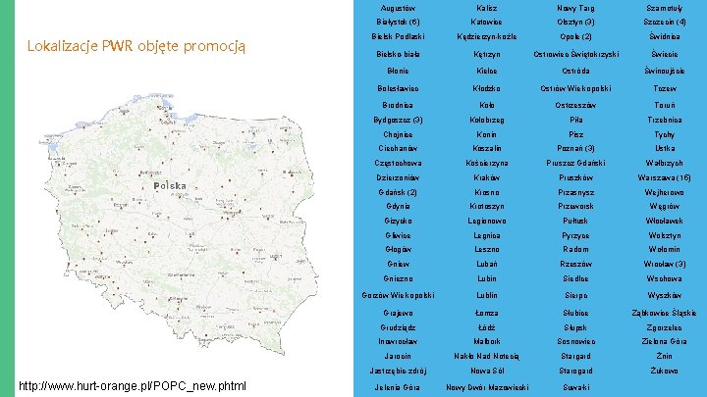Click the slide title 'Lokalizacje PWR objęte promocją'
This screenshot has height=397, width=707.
click(x=136, y=46)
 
